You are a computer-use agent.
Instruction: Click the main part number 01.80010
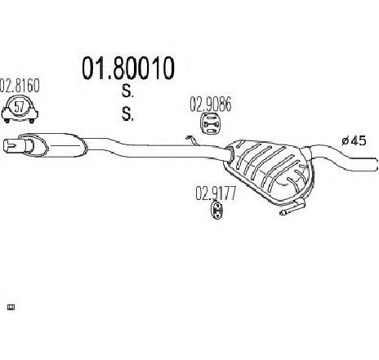[x=128, y=68]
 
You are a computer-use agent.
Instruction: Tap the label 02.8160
[x=20, y=86]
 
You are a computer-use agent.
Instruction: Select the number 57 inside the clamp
[x=19, y=107]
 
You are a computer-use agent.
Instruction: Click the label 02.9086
[x=211, y=104]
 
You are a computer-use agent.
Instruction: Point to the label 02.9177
[x=216, y=193]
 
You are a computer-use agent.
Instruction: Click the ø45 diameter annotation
[x=354, y=140]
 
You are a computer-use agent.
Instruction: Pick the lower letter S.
[x=127, y=113]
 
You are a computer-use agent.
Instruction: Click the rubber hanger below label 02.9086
[x=211, y=124]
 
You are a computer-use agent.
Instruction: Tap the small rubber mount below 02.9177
[x=217, y=210]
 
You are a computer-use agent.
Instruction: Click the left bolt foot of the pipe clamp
[x=7, y=121]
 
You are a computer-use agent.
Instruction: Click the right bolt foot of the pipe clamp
[x=32, y=121]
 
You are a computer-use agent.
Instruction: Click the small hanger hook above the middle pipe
[x=191, y=140]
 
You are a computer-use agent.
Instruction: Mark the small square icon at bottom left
[x=11, y=308]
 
